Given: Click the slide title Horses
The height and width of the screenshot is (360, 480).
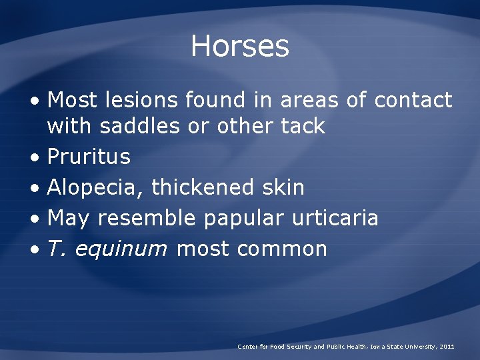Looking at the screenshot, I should [x=240, y=46].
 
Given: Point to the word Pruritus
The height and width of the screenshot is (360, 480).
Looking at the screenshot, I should [x=89, y=157].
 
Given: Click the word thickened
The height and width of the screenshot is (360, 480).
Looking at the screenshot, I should [x=202, y=188].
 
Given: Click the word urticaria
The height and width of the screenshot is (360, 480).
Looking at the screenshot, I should [x=339, y=218].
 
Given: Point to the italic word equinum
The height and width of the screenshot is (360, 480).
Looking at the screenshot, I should [x=121, y=249].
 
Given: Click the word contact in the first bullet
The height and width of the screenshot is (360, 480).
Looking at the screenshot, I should [x=413, y=101].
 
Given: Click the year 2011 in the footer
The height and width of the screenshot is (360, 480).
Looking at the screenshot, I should [x=447, y=347].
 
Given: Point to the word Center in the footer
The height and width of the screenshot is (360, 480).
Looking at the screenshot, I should [x=247, y=347].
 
